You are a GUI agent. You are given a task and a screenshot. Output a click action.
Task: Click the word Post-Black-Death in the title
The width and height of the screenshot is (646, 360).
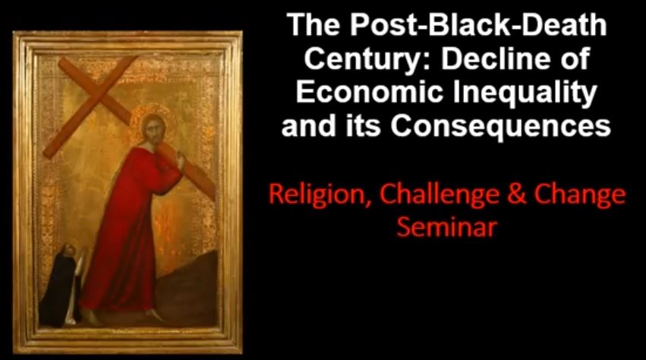tap(478, 25)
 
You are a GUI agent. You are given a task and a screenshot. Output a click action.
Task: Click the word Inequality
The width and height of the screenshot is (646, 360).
tap(525, 94)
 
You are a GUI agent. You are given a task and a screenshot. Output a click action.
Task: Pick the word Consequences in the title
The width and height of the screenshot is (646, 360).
tap(500, 126)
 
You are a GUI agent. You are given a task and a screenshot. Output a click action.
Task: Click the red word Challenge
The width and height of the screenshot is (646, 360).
tap(440, 195)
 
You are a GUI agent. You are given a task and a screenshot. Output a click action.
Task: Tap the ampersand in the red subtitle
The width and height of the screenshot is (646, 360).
tap(517, 194)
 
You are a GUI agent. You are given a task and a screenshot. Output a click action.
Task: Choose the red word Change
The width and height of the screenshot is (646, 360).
tap(580, 195)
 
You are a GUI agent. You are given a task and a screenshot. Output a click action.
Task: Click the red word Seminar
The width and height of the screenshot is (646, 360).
tap(446, 226)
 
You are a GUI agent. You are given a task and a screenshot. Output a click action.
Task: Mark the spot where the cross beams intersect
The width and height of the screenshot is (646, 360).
tap(98, 96)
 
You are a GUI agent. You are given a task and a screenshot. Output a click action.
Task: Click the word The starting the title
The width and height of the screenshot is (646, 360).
tap(313, 25)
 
